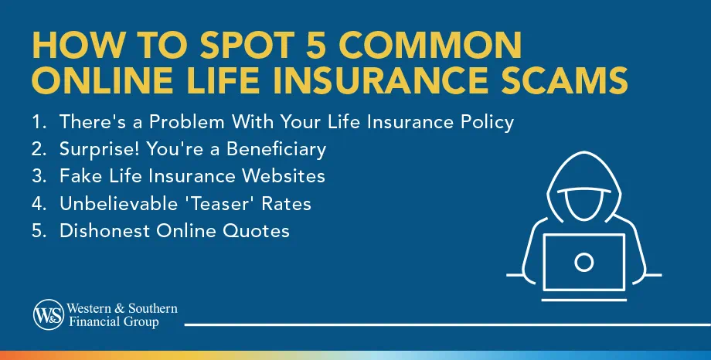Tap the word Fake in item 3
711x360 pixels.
77,176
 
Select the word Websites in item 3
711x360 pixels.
281,176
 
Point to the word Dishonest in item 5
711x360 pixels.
97,230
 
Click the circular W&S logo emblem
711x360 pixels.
46,314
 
